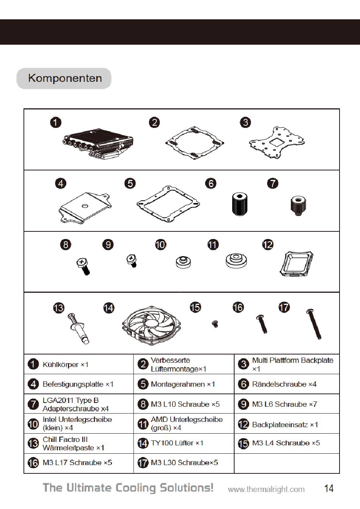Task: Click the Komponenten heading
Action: click(x=65, y=78)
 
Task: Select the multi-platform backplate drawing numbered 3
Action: click(x=277, y=142)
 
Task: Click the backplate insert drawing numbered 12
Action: click(x=296, y=264)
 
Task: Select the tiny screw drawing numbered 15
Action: click(x=215, y=323)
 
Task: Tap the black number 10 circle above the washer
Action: click(x=161, y=245)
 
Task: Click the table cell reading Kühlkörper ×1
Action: click(x=66, y=365)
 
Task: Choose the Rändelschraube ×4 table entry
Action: click(x=284, y=384)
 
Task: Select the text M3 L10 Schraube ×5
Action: click(x=185, y=404)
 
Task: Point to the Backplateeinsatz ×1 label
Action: click(x=285, y=425)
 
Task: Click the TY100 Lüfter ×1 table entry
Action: click(x=177, y=443)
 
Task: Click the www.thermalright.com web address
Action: click(x=266, y=489)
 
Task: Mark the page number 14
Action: click(x=329, y=488)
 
